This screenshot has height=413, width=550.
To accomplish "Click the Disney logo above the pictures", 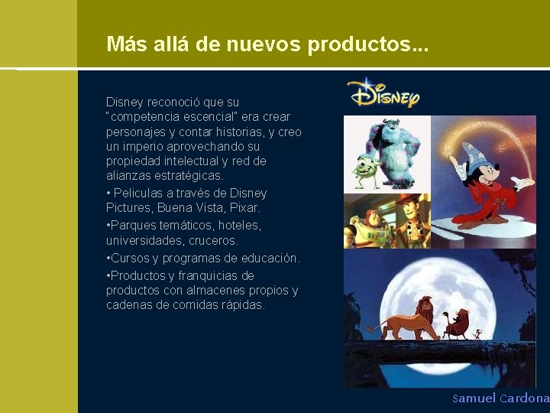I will tap(383, 93).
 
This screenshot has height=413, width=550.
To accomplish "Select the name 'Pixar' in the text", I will tap(244, 208).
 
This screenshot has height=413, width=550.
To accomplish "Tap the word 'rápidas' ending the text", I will tap(241, 305).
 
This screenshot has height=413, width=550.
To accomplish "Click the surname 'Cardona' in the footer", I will tap(524, 398).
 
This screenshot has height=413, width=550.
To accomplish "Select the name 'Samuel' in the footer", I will tap(474, 398).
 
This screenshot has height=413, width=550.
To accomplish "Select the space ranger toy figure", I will tap(362, 226).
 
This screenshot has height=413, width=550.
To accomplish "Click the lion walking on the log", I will tap(402, 320).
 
